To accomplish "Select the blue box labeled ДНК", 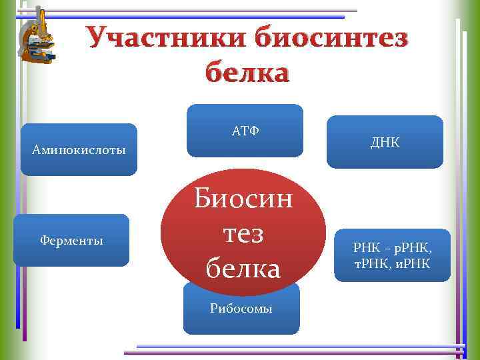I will coord(385,141).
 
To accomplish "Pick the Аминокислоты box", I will coord(79,150).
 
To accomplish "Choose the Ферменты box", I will coord(71,240).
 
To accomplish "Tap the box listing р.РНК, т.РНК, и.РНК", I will coord(392,255).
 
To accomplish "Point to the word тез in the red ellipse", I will coord(243,234).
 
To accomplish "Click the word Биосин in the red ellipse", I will coord(243,199).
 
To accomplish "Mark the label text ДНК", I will coord(385,141).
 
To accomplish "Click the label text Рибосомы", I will coord(241,309).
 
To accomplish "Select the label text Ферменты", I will coord(71,240).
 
